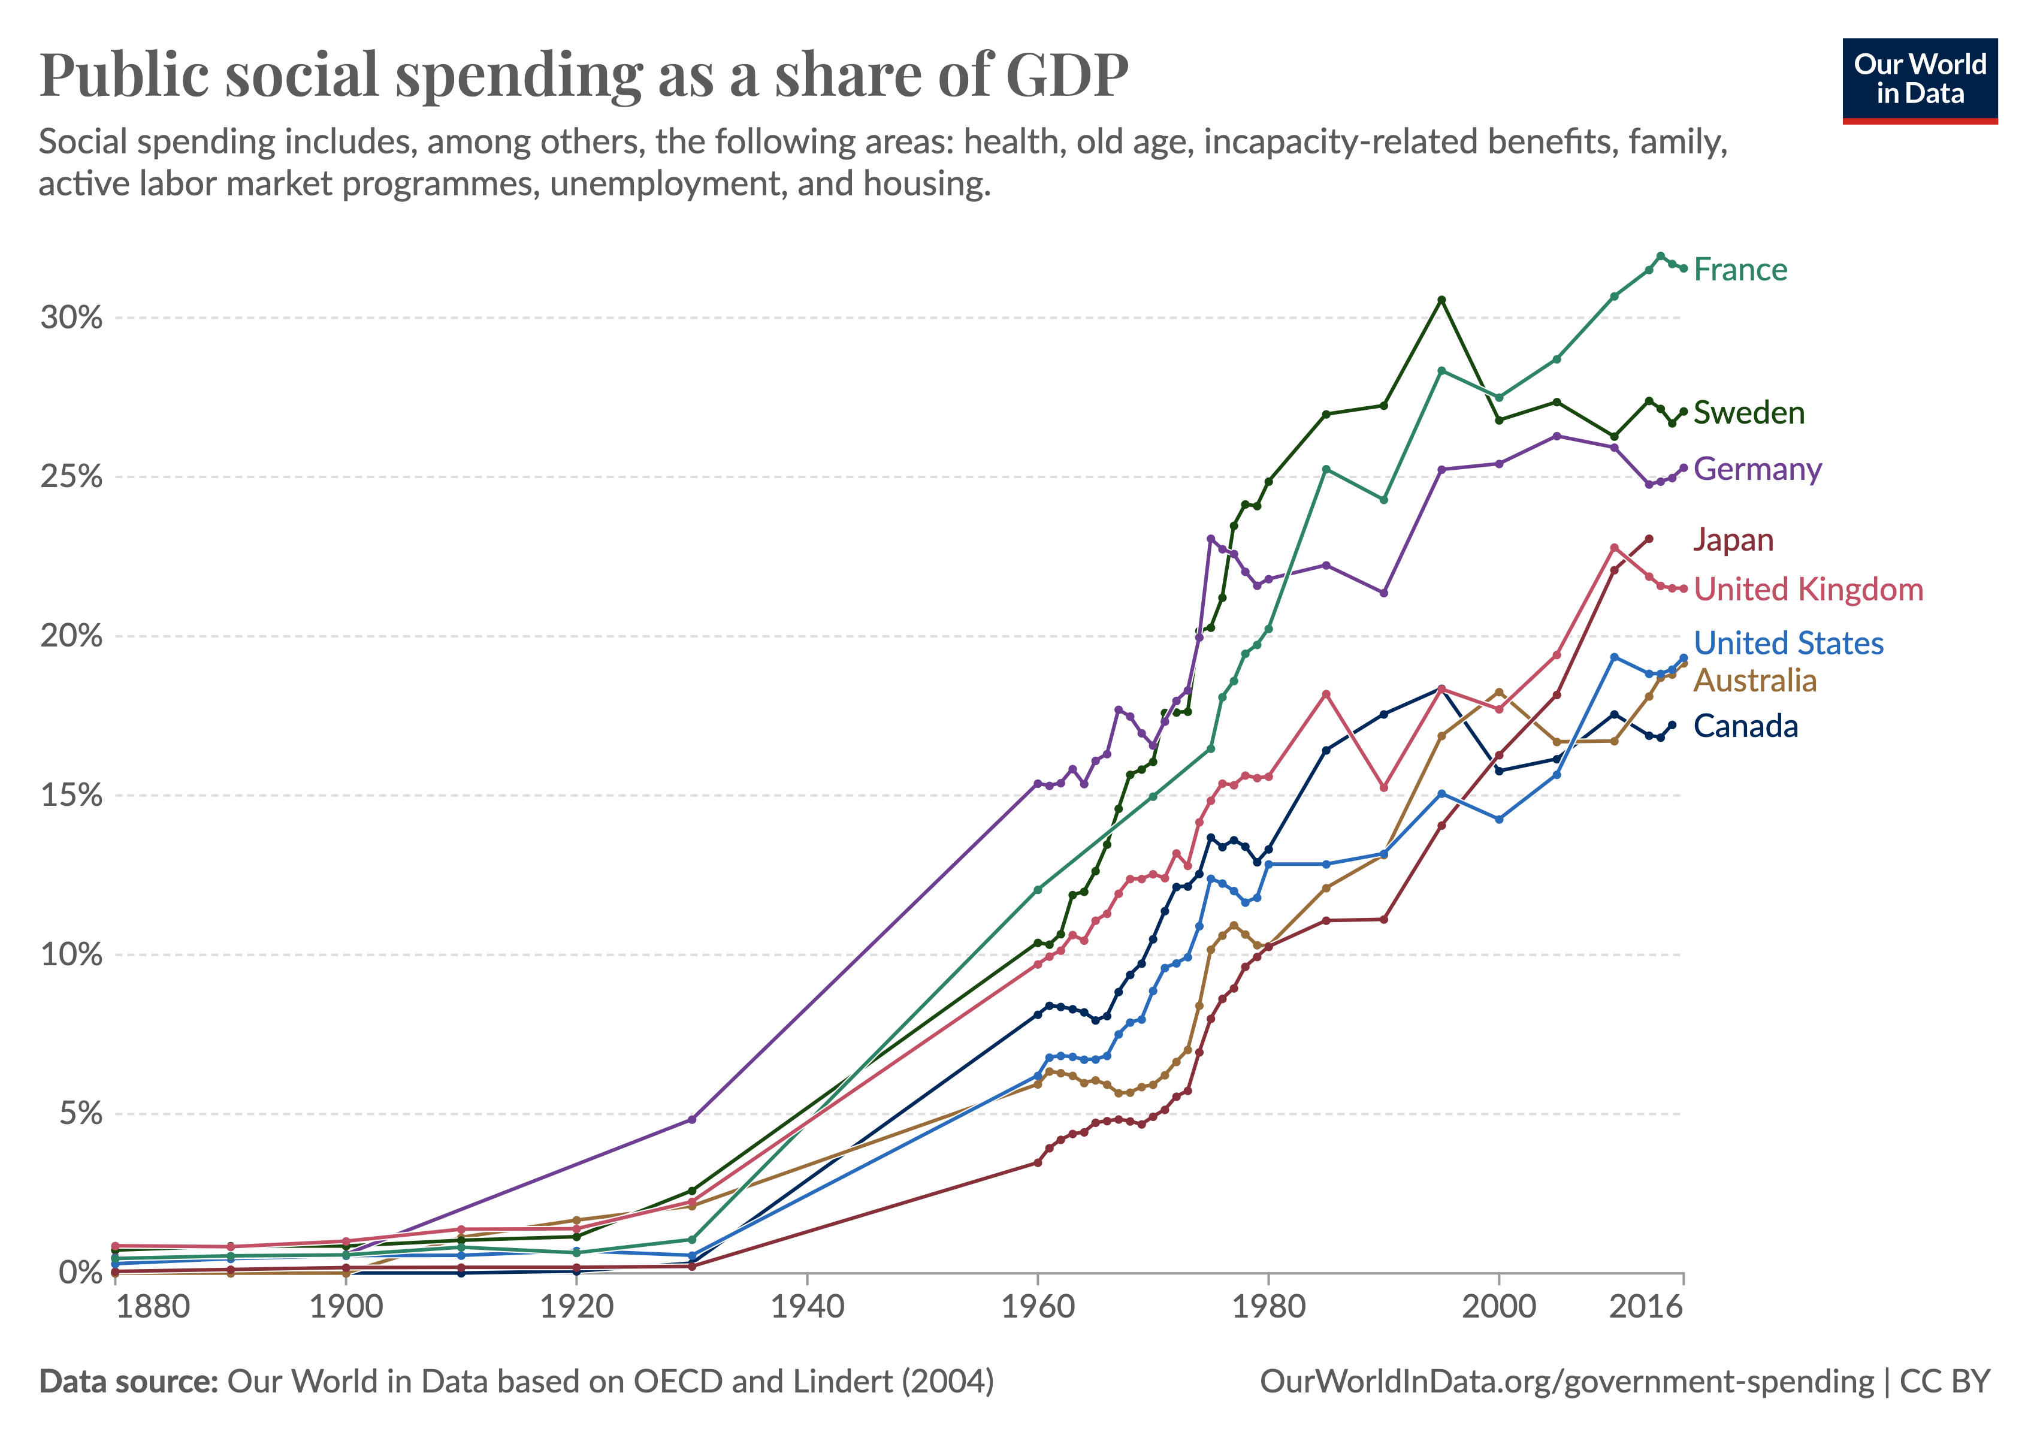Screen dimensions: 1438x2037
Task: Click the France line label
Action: pos(1740,270)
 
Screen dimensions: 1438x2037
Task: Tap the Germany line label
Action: pos(1757,469)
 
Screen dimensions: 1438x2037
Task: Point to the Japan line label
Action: pos(1733,540)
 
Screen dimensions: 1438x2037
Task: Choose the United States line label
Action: pos(1788,643)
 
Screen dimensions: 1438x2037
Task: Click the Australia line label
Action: pos(1755,681)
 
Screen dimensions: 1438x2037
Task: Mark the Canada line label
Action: pos(1745,727)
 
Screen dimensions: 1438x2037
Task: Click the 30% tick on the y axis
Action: pos(71,318)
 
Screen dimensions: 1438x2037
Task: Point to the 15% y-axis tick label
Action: pos(71,796)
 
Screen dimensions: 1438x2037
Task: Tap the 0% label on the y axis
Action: pos(80,1273)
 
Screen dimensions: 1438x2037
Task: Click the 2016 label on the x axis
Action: pos(1646,1307)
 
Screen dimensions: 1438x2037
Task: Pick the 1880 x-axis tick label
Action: pos(153,1307)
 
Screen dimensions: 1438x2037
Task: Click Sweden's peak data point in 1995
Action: pos(1441,300)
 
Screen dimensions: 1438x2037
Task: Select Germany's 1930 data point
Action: pos(692,1119)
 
